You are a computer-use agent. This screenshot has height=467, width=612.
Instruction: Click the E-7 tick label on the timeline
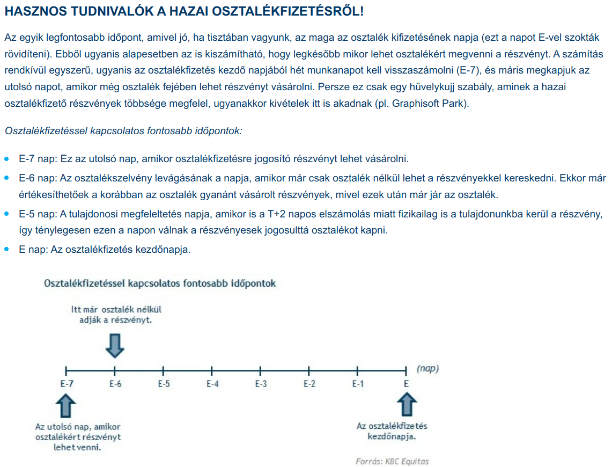tap(66, 384)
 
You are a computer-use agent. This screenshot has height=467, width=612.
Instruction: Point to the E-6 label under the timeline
tap(115, 384)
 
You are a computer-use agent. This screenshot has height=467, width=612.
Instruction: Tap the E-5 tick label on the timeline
tap(164, 384)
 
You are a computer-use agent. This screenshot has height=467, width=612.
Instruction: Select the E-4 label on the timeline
tap(212, 384)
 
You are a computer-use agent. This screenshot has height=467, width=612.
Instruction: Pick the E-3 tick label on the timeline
tap(261, 384)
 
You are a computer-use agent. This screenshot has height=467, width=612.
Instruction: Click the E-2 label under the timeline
tap(309, 384)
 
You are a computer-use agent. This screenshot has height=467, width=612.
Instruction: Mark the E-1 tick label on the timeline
tap(358, 384)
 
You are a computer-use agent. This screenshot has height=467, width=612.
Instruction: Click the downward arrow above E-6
tap(115, 346)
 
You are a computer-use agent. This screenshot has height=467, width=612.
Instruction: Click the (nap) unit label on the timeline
tap(427, 369)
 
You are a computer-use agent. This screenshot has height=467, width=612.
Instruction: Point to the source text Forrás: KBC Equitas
tap(392, 461)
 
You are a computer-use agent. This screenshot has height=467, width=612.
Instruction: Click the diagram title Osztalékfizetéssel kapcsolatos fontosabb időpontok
tap(160, 283)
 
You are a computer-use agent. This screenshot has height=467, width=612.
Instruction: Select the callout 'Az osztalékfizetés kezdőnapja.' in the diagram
tap(392, 431)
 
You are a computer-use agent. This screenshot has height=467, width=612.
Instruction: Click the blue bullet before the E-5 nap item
tap(7, 214)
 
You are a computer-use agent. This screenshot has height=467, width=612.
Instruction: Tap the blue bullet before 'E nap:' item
tap(7, 250)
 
